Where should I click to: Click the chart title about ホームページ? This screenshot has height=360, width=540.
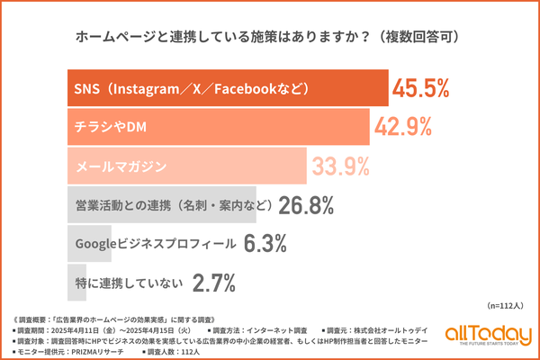pos(269,37)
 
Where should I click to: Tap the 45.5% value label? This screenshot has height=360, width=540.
pos(421,89)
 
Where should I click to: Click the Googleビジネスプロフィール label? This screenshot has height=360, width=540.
pos(156,244)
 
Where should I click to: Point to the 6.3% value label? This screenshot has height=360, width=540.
pos(265,244)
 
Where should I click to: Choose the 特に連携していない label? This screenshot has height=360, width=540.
pos(125,283)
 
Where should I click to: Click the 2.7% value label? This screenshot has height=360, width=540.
pos(214,283)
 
